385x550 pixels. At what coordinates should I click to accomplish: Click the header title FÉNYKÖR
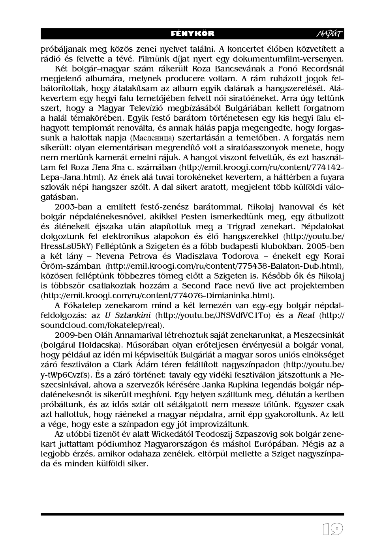(192, 34)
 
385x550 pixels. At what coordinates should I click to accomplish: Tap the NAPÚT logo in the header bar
(330, 34)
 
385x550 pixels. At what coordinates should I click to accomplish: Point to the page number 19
(332, 529)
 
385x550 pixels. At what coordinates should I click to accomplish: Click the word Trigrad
(241, 226)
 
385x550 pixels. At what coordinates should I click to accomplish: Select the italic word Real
(306, 315)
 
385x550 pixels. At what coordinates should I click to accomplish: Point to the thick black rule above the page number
(192, 514)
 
